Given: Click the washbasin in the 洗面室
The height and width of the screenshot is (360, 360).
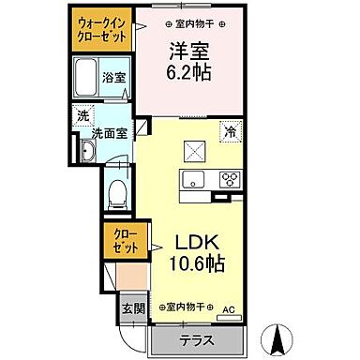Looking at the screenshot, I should coord(86,150).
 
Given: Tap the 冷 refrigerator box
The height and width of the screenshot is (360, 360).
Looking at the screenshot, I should coord(228,132).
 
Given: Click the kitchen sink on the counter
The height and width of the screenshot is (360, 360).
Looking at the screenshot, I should coord(194,180).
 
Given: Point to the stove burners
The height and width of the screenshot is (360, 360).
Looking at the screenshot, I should coord(230,180).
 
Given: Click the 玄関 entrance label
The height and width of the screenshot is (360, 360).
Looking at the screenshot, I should coord(131,308).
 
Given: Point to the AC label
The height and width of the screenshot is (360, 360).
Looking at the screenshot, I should coord(228,308).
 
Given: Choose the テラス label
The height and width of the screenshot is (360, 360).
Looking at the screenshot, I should coord(196,339).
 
